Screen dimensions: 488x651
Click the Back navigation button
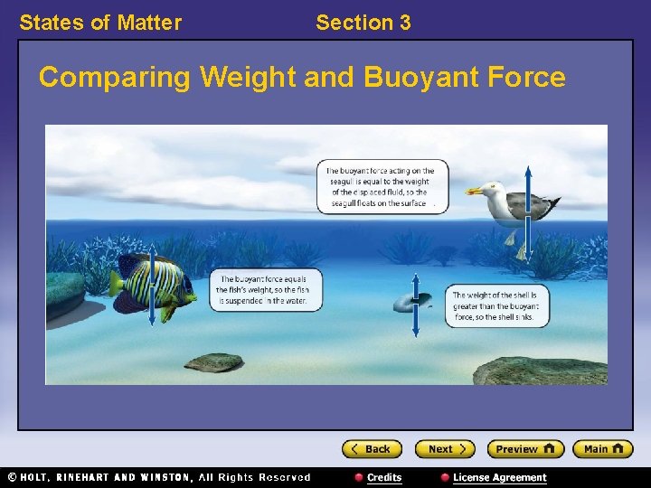[371, 449]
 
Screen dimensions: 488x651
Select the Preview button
[525, 449]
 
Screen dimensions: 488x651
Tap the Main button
[605, 449]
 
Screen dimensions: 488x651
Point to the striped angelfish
[149, 286]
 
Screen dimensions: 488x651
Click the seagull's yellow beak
[474, 191]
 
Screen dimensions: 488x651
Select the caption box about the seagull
[381, 187]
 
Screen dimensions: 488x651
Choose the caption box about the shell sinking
[497, 306]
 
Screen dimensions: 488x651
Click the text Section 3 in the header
[363, 23]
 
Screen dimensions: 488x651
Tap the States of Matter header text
[100, 23]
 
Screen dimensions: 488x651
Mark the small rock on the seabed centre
[214, 363]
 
